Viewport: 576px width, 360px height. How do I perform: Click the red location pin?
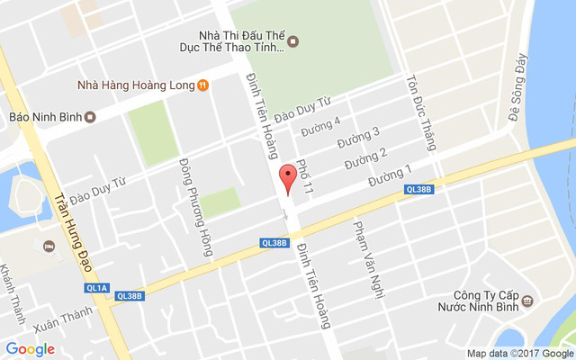[x=288, y=179]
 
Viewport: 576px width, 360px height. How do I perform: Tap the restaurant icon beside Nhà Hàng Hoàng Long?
[x=204, y=85]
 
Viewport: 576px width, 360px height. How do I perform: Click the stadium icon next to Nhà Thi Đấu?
[x=292, y=40]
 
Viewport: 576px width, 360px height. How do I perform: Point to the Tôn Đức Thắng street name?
[x=423, y=112]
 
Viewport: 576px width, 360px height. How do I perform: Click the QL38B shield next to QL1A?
[x=130, y=295]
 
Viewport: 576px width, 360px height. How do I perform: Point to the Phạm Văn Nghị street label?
[x=365, y=248]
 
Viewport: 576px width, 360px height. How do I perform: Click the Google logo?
[x=30, y=349]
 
